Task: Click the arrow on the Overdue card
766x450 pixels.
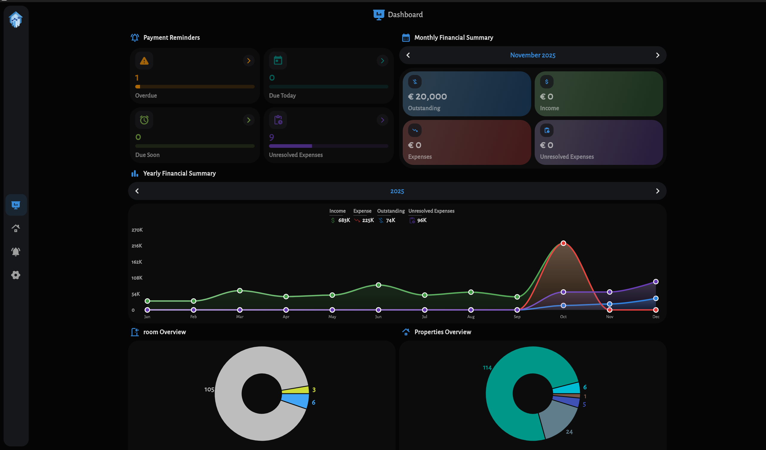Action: click(x=248, y=61)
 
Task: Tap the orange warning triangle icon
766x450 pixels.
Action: click(x=144, y=61)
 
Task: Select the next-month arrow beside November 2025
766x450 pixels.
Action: click(x=657, y=55)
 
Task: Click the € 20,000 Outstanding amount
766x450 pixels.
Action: click(x=427, y=97)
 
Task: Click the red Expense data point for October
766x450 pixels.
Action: click(x=563, y=243)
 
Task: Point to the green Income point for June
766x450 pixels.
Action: click(x=378, y=285)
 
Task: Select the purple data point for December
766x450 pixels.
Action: click(x=656, y=281)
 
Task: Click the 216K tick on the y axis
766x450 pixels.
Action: click(x=136, y=246)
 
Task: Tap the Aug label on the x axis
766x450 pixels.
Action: click(x=471, y=317)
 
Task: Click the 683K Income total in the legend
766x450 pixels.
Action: click(x=344, y=220)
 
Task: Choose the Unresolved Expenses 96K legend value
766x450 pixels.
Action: click(x=422, y=220)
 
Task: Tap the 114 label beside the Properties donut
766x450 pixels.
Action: click(x=487, y=368)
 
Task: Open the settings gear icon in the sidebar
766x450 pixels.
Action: click(x=16, y=275)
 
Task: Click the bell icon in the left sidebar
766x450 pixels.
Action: click(x=16, y=252)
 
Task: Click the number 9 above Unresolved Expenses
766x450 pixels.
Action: click(x=271, y=137)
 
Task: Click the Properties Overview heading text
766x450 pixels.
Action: click(x=442, y=332)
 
